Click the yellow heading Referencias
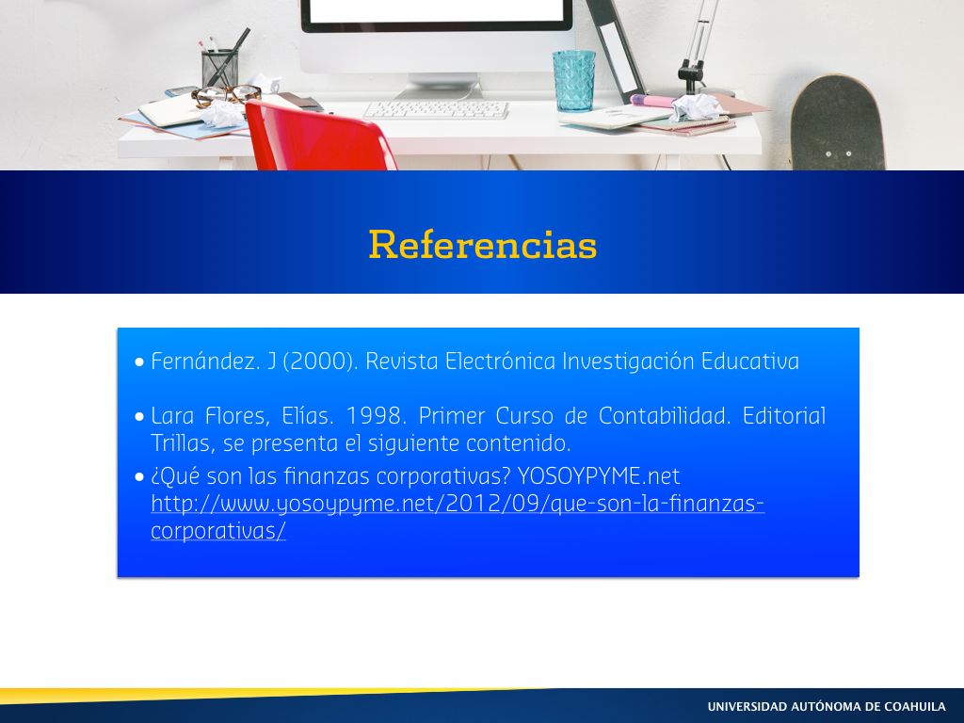483,244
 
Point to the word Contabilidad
664,416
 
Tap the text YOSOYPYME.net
598,476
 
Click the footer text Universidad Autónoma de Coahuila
827,706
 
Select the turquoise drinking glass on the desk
573,81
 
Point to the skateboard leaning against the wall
837,123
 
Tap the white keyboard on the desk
436,110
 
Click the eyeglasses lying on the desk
226,95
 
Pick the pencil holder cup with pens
219,69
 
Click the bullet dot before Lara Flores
139,417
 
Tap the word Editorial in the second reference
784,416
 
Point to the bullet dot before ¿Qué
139,477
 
